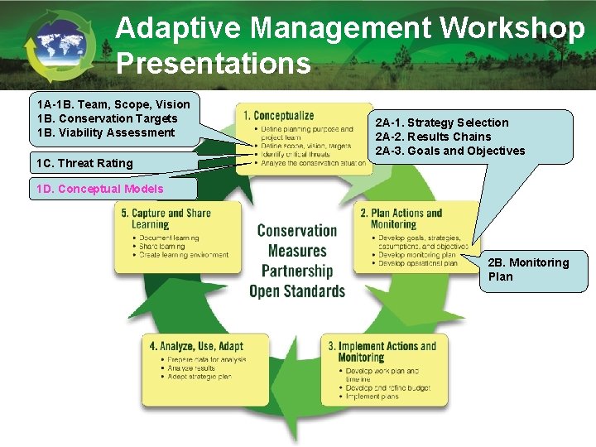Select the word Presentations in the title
[214, 63]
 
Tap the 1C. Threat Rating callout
[85, 162]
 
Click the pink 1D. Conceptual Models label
[100, 189]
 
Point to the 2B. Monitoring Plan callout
[529, 269]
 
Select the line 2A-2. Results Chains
[433, 137]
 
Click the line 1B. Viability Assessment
[106, 132]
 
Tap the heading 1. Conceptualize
[278, 116]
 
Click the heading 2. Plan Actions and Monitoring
[401, 219]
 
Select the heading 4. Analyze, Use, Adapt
[196, 346]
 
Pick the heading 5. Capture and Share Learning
[166, 219]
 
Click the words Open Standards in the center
[296, 291]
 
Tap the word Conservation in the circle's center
[296, 231]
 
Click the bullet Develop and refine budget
[382, 387]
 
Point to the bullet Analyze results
[191, 368]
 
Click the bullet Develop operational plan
[417, 264]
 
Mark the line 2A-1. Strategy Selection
[442, 123]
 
